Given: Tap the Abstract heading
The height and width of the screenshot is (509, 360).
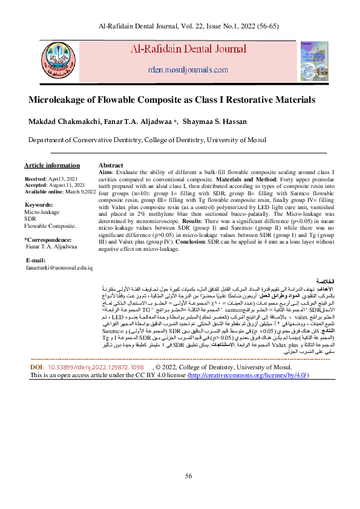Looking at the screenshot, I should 111,165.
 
